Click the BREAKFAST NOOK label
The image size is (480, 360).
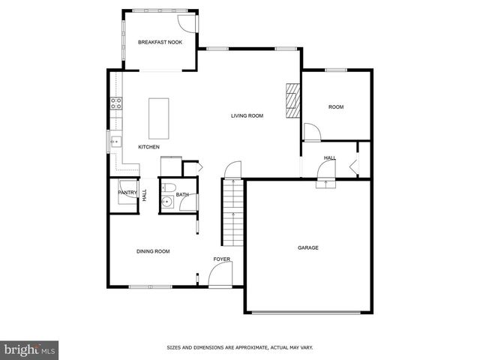pos(160,43)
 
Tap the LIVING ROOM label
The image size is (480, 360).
pos(247,115)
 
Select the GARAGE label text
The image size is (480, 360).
pos(307,247)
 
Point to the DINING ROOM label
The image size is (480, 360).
pos(152,251)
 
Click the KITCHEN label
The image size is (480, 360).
pos(148,147)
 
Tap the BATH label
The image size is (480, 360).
pos(182,196)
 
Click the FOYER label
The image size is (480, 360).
pos(221,259)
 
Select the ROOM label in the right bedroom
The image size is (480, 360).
pos(336,107)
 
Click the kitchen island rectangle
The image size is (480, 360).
pos(158,118)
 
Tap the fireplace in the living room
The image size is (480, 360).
pos(292,100)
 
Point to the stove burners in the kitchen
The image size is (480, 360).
pos(116,104)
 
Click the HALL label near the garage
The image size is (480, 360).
pos(330,157)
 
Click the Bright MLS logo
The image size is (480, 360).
pos(30,349)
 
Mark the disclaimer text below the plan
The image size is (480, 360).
pos(239,347)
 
